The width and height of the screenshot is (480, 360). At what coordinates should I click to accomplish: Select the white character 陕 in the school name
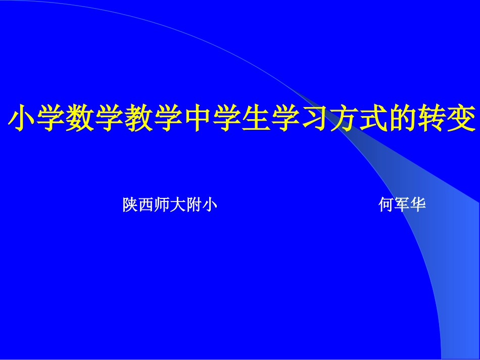[130, 205]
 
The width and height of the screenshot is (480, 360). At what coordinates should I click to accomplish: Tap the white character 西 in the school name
[147, 205]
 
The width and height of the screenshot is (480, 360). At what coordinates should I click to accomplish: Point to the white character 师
[162, 205]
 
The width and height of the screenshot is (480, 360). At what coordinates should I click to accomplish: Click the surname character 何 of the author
[387, 205]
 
